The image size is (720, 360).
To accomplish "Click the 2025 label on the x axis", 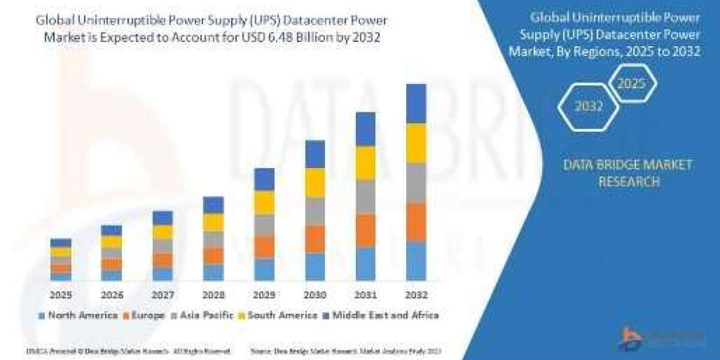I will tap(61, 295).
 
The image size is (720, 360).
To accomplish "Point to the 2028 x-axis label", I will tap(213, 295).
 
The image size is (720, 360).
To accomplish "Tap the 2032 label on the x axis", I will tap(416, 295).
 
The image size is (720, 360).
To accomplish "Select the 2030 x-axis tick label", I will tap(314, 295).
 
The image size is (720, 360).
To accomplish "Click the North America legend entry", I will tap(78, 315).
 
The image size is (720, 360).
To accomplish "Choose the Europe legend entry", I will tap(144, 315).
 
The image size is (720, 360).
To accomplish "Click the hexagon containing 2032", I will tap(588, 106).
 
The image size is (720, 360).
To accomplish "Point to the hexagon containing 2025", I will tap(632, 83).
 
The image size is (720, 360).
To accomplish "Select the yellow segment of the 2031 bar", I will tap(365, 163).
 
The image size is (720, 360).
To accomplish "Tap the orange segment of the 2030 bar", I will tap(314, 239).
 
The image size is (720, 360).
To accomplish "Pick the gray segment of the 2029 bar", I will tap(264, 224).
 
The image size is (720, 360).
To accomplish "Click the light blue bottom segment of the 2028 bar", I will tap(213, 272).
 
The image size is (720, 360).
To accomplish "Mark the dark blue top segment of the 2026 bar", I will tap(112, 230).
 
